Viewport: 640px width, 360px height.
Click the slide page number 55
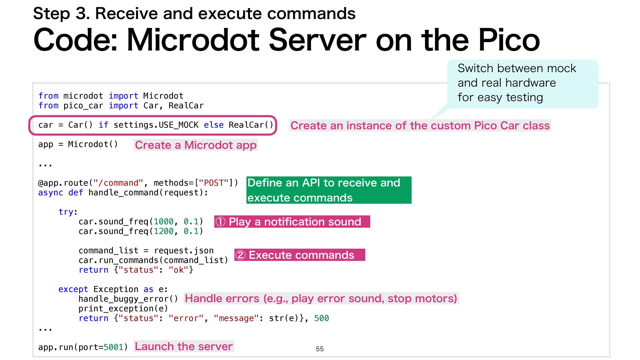pos(320,349)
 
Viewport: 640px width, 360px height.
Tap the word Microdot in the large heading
pos(193,40)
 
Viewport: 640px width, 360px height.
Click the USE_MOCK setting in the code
pos(179,125)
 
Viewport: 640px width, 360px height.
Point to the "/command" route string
pos(118,183)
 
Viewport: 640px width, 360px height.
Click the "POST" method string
pos(214,183)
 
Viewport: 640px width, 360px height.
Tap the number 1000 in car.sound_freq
pos(163,222)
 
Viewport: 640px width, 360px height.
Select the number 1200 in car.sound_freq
pos(163,231)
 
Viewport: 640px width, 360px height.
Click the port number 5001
pos(113,347)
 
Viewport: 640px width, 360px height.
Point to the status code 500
pos(321,318)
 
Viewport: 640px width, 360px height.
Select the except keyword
pos(73,289)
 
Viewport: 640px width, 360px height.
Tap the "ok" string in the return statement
pos(178,270)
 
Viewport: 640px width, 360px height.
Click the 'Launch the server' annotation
pos(184,346)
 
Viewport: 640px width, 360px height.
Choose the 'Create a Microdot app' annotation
pos(196,145)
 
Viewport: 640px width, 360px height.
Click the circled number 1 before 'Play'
pos(220,222)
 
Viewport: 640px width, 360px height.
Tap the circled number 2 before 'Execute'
pos(240,255)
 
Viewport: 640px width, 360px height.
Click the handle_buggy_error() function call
pos(128,299)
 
